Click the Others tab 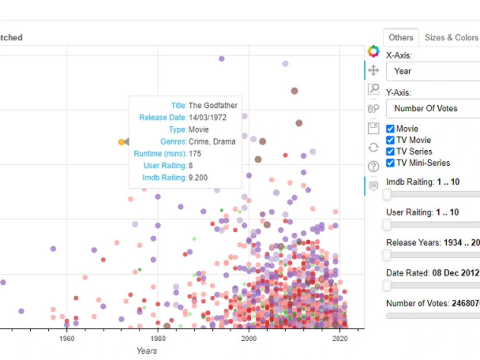[401, 37]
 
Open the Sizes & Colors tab [451, 37]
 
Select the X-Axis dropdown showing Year [432, 71]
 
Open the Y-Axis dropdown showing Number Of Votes [432, 108]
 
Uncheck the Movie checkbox [390, 129]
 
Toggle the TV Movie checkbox [390, 140]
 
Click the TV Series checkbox [390, 152]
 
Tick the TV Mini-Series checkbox [390, 163]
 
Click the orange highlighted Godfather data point [121, 142]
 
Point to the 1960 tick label [67, 338]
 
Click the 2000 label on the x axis [249, 338]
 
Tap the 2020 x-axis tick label [339, 338]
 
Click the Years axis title [146, 350]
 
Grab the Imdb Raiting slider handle [387, 194]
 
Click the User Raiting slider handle [387, 225]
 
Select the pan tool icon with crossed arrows [373, 71]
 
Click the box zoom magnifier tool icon [373, 89]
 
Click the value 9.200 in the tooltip [198, 178]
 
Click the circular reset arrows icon [373, 147]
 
